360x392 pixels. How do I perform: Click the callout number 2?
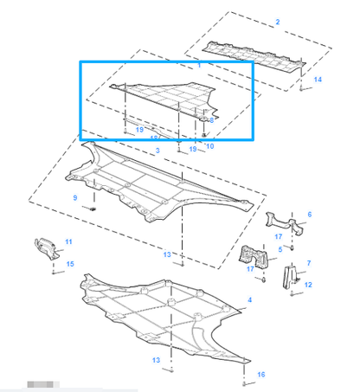click(x=277, y=21)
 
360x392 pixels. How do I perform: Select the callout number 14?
click(x=318, y=80)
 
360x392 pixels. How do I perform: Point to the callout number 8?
click(x=211, y=120)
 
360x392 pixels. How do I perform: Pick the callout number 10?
click(x=210, y=146)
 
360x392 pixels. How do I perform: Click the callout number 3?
click(x=158, y=151)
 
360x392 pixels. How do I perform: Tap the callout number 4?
click(x=249, y=299)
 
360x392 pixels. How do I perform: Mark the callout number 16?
click(x=260, y=374)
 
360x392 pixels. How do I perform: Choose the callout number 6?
click(x=310, y=215)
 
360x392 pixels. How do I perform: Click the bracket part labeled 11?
click(x=46, y=247)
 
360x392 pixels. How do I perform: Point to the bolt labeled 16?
click(x=246, y=379)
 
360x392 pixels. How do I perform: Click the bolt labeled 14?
click(x=300, y=87)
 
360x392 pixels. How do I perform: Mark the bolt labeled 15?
click(x=55, y=272)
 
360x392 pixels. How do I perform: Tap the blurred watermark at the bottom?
click(x=40, y=382)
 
